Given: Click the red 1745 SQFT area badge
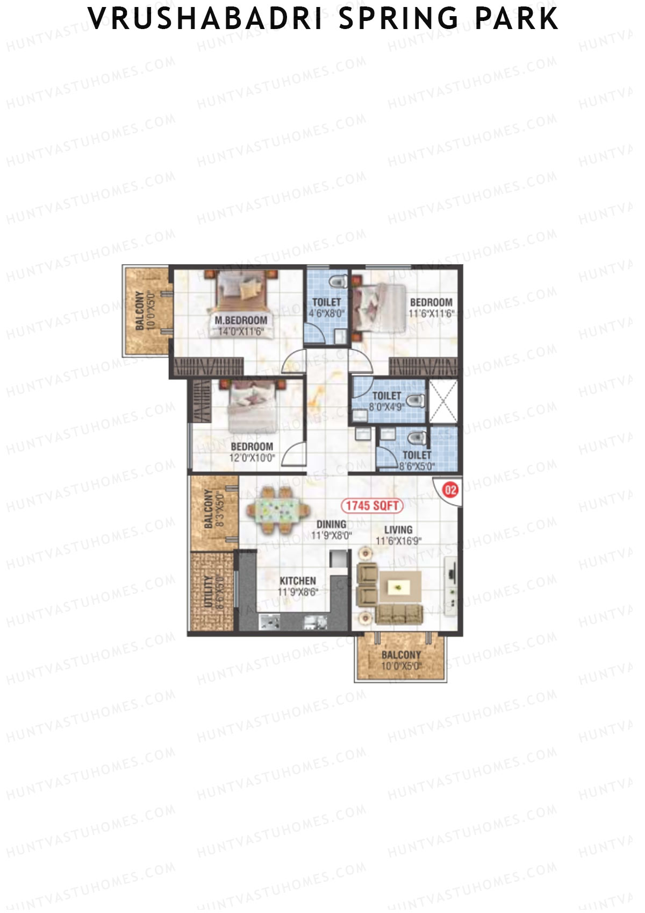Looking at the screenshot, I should (372, 505).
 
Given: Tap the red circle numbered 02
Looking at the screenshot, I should (450, 490).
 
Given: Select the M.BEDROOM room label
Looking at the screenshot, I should (241, 321).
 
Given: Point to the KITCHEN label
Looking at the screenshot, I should (298, 581).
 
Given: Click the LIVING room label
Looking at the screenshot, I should (398, 529).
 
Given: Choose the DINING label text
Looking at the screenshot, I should (331, 524).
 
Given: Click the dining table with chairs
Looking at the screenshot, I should (278, 510).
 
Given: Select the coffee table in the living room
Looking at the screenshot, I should (400, 587).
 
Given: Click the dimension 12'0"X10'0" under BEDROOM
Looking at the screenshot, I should (253, 458).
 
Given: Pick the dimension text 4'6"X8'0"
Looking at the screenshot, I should (327, 313).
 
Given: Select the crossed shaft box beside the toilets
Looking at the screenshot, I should (442, 401).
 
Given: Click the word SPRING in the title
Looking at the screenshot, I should (399, 19).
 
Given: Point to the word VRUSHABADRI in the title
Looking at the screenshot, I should (205, 19).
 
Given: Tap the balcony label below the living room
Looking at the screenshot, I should (401, 655).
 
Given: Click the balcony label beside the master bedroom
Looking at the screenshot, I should (140, 311).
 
